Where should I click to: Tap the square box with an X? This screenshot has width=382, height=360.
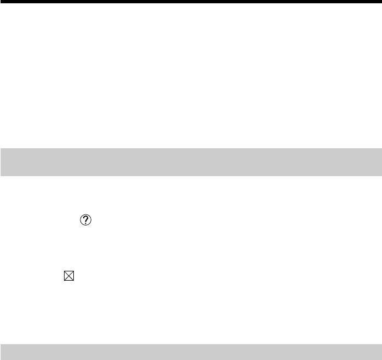click(68, 276)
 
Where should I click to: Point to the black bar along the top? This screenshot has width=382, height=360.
click(191, 2)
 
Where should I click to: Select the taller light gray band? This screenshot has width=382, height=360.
click(191, 162)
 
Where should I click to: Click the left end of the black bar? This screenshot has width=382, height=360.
click(2, 2)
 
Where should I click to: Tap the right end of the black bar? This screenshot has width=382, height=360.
click(380, 2)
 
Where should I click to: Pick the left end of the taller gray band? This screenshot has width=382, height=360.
click(2, 162)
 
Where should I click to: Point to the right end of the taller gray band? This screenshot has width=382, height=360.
click(380, 162)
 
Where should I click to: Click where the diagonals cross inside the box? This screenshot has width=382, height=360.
click(68, 276)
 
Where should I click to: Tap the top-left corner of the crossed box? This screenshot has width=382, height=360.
click(65, 272)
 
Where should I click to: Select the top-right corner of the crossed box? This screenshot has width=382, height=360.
click(72, 272)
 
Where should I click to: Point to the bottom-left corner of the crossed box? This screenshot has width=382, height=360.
click(65, 281)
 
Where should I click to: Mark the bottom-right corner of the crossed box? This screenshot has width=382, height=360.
click(72, 281)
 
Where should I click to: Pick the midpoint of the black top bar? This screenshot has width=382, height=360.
click(191, 2)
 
